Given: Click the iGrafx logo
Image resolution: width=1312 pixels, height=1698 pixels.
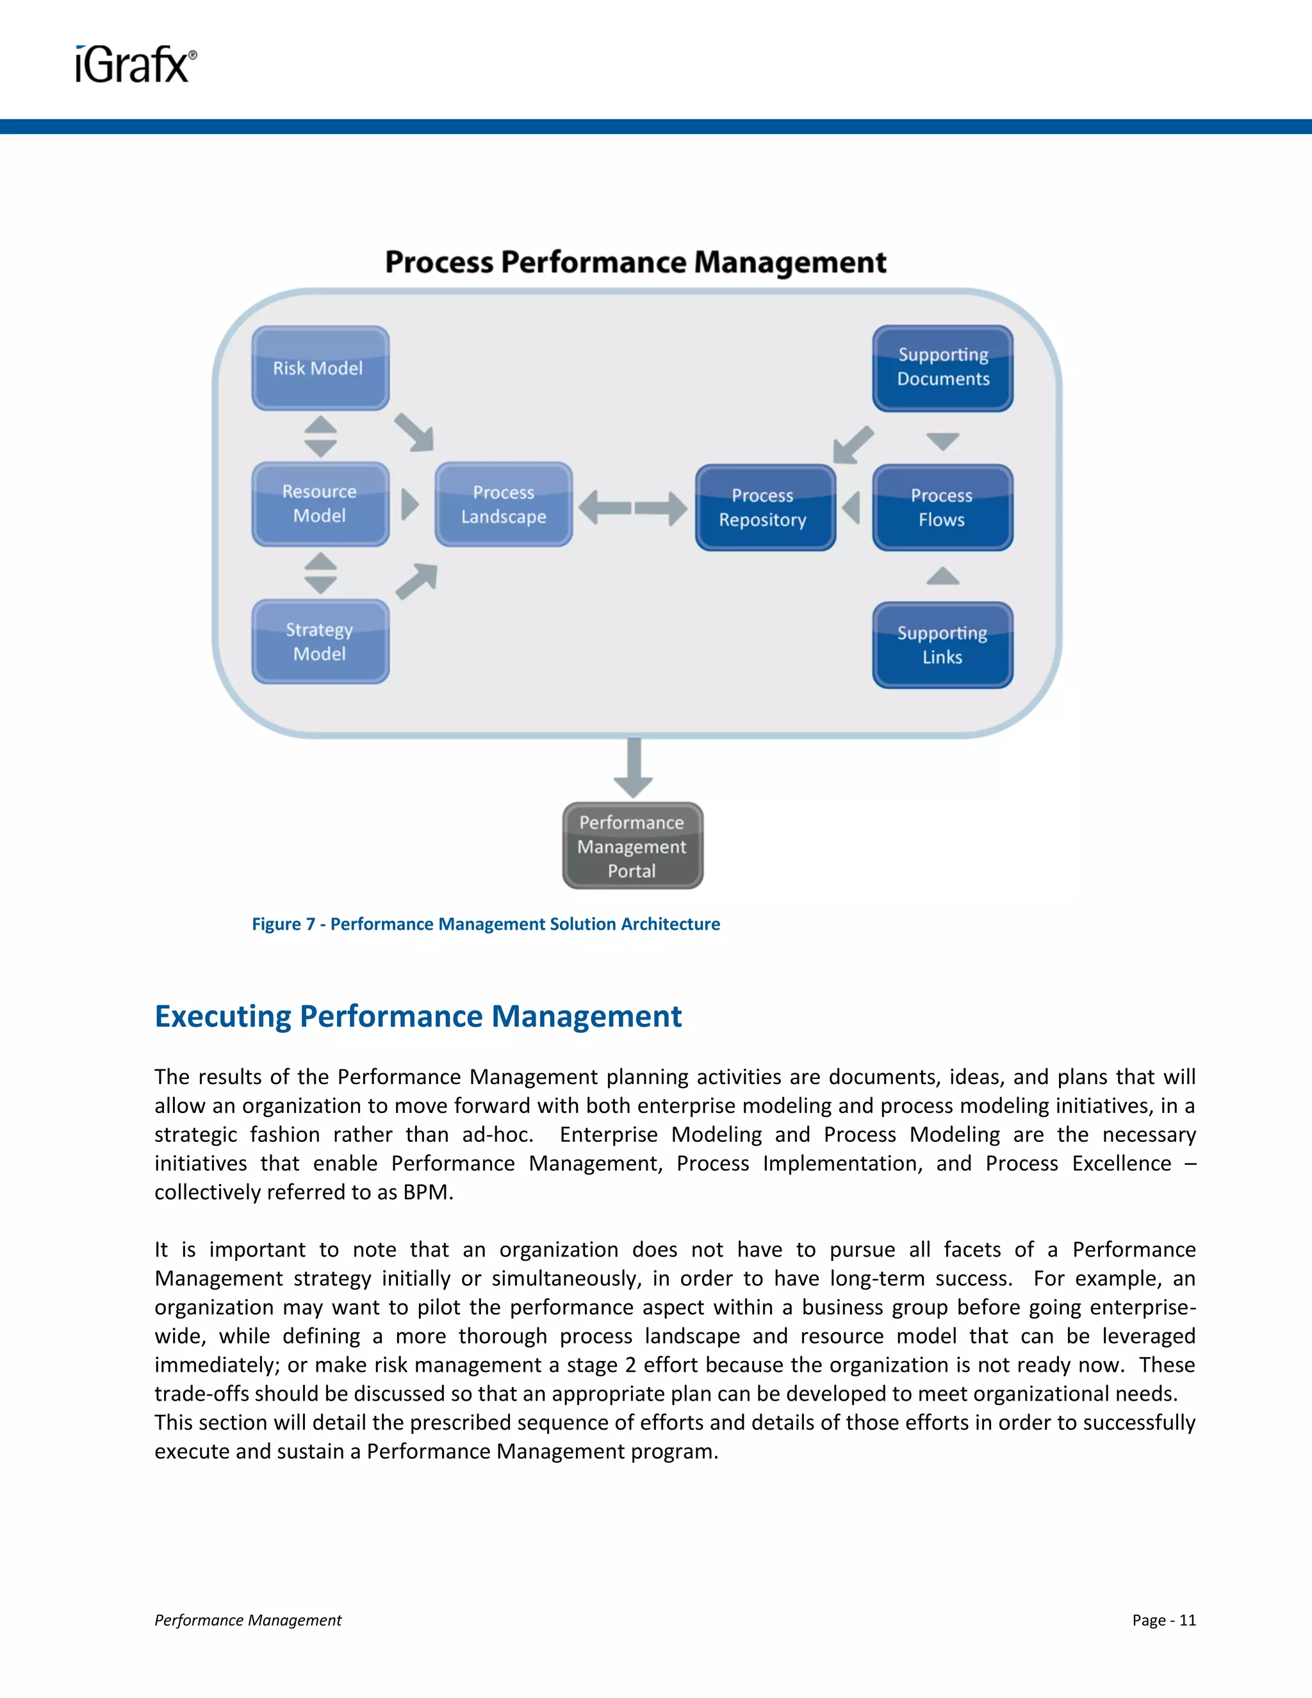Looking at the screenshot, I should pos(136,65).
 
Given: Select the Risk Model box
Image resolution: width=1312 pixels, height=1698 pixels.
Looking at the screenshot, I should pos(320,368).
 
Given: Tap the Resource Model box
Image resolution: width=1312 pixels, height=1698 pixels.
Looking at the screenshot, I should pos(320,504).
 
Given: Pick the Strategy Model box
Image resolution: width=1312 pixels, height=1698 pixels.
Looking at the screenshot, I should pos(320,641).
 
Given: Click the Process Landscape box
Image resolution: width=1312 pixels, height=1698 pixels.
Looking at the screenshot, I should pos(504,504).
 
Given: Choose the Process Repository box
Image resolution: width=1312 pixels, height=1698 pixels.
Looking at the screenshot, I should pos(765,507).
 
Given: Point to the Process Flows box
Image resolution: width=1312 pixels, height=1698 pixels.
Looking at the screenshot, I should pos(942,507).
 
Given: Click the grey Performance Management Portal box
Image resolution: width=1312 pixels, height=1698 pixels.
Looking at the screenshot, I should pos(633,846).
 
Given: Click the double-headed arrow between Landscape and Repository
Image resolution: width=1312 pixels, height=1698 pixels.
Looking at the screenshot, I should pos(633,507).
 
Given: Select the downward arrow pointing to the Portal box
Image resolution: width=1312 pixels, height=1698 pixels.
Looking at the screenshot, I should pos(634,768).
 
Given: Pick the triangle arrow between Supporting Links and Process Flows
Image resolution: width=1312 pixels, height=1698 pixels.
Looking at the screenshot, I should pos(943,576).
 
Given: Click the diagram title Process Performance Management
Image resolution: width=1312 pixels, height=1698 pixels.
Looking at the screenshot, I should pos(635,263).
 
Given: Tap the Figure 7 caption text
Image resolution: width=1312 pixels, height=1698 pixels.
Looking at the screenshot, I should pos(486,923).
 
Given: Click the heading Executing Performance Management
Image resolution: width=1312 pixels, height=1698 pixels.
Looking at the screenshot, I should pos(418,1016).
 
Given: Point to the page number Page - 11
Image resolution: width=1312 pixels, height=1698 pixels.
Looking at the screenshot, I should pos(1163,1619).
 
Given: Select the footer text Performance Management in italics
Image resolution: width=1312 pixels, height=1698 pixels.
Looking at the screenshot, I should pos(248,1619).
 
